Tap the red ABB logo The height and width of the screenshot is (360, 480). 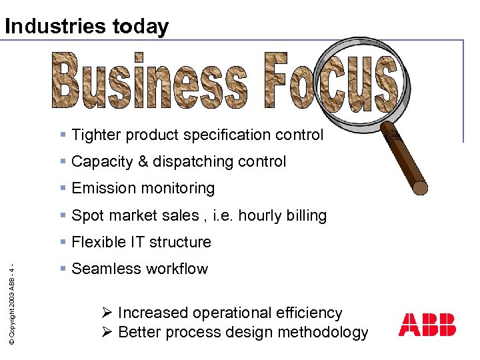click(x=427, y=324)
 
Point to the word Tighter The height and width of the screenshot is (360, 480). click(x=97, y=135)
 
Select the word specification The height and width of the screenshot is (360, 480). click(x=229, y=135)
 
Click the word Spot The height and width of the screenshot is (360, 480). click(x=87, y=215)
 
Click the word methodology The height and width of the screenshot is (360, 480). click(x=329, y=332)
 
